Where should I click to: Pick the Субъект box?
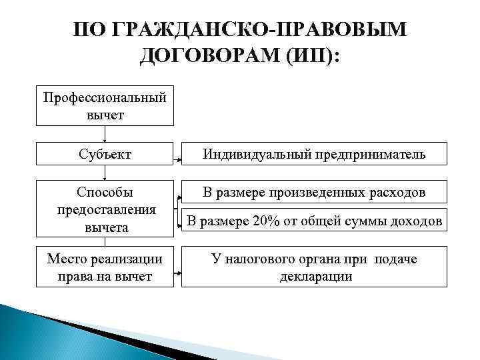point(105,155)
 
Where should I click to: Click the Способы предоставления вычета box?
point(105,209)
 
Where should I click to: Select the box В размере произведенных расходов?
point(314,193)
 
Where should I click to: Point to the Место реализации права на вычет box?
point(105,267)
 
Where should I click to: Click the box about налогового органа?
point(314,267)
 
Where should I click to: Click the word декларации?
point(315,276)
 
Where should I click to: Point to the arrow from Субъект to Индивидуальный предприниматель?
point(178,161)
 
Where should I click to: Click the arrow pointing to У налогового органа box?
point(178,273)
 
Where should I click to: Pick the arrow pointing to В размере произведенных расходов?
point(178,198)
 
